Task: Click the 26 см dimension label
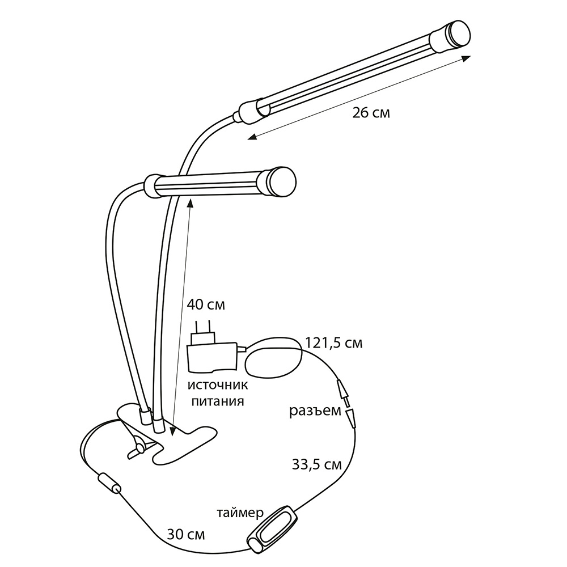[x=371, y=113]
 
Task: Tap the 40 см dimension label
[x=206, y=304]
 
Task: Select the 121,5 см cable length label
[x=334, y=343]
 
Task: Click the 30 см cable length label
[x=186, y=535]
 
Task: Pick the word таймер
[x=240, y=513]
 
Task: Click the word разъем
[x=315, y=411]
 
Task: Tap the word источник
[x=218, y=385]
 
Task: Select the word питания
[x=218, y=401]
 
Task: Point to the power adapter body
[x=212, y=358]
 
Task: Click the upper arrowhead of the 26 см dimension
[x=467, y=58]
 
